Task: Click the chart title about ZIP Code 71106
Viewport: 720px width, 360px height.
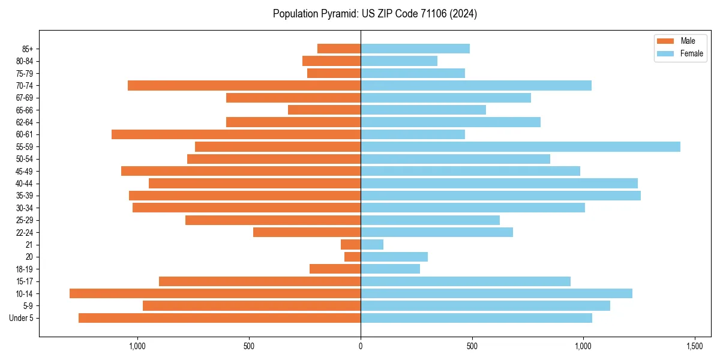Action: pyautogui.click(x=374, y=14)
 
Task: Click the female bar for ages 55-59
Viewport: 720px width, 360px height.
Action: pyautogui.click(x=520, y=146)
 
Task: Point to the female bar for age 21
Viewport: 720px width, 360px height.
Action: pyautogui.click(x=372, y=244)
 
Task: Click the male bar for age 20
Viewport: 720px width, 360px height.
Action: pyautogui.click(x=352, y=257)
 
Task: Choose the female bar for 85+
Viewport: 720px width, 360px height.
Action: pyautogui.click(x=415, y=49)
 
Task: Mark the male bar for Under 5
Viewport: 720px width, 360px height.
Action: pyautogui.click(x=220, y=318)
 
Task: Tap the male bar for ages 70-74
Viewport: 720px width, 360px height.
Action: pyautogui.click(x=244, y=85)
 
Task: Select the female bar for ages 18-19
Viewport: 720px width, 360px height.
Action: pyautogui.click(x=390, y=269)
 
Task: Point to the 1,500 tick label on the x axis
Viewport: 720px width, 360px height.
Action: pyautogui.click(x=695, y=346)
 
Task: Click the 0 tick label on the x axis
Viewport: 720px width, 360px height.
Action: pyautogui.click(x=361, y=346)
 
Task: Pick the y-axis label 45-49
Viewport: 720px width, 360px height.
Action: pyautogui.click(x=24, y=171)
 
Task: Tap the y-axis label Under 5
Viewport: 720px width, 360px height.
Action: pyautogui.click(x=21, y=318)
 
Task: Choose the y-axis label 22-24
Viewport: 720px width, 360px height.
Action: pyautogui.click(x=24, y=232)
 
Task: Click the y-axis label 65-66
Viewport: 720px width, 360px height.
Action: pyautogui.click(x=24, y=110)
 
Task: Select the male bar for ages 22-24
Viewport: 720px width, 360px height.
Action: pyautogui.click(x=307, y=232)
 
